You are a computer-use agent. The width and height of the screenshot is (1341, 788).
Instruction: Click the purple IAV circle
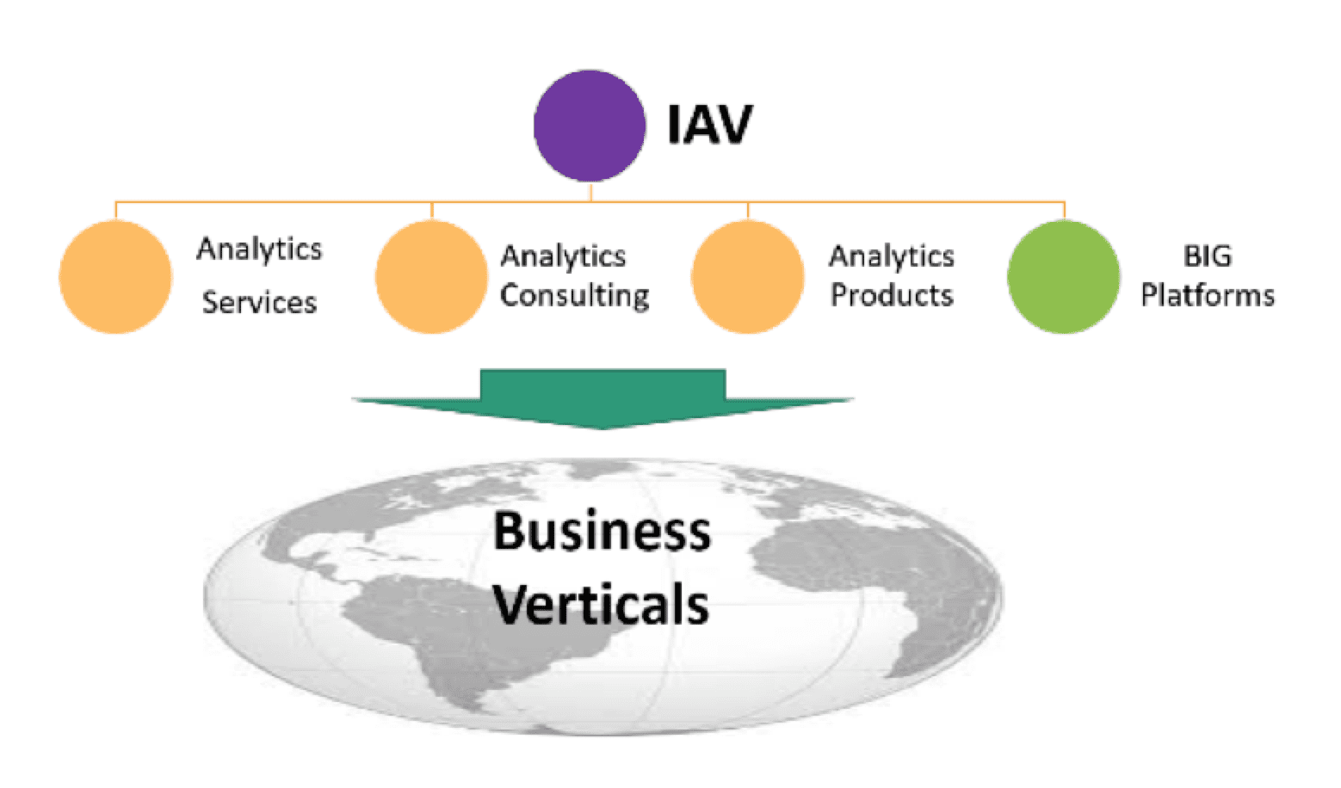[590, 126]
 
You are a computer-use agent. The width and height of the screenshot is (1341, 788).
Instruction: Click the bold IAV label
[710, 125]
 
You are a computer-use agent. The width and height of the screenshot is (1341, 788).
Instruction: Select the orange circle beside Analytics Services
[115, 276]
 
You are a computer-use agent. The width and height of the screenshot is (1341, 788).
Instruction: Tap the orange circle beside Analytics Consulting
[431, 276]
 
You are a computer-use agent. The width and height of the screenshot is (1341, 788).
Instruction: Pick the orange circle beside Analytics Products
[748, 276]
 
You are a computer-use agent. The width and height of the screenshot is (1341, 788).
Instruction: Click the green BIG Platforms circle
[1064, 276]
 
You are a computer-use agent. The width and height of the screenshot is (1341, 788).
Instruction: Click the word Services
[259, 302]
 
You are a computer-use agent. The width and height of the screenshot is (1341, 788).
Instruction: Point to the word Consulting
[575, 296]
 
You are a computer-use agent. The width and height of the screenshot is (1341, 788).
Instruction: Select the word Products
[892, 295]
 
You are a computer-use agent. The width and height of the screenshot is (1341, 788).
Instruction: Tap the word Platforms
[1208, 295]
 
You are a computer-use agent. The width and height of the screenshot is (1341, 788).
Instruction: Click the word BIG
[1208, 256]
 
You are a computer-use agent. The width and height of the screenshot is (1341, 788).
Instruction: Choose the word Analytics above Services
[259, 249]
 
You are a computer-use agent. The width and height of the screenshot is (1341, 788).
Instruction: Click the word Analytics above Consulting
[563, 257]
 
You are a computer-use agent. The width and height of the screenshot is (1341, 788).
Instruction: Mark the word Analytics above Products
[892, 257]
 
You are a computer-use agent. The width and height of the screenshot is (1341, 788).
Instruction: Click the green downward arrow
[603, 398]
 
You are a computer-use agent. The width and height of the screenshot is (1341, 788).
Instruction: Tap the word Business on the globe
[603, 531]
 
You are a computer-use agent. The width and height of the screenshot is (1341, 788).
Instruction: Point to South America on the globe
[467, 634]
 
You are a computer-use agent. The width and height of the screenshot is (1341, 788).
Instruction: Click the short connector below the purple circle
[590, 192]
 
